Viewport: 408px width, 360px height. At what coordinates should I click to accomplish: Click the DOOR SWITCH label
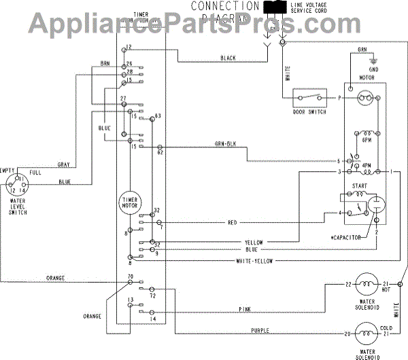click(x=309, y=112)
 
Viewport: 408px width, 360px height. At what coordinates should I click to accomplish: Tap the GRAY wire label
click(x=64, y=165)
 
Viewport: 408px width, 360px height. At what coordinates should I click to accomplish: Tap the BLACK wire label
click(x=228, y=59)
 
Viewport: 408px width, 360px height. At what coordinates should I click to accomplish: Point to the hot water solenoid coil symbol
click(x=368, y=283)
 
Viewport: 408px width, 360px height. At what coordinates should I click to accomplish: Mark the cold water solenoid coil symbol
click(x=368, y=334)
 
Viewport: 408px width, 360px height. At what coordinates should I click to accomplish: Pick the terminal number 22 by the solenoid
click(x=347, y=283)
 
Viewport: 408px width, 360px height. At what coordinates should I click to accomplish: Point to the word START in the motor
click(x=360, y=185)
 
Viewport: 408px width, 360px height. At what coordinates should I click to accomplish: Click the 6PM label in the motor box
click(x=366, y=140)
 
